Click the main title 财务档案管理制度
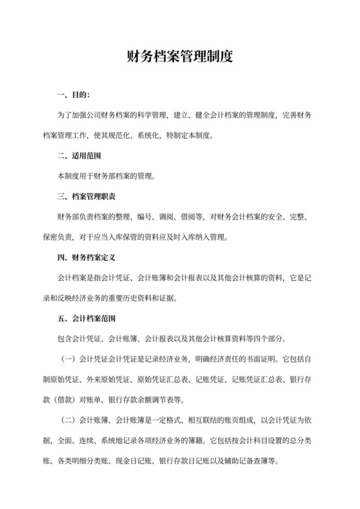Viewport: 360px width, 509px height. pyautogui.click(x=179, y=57)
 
